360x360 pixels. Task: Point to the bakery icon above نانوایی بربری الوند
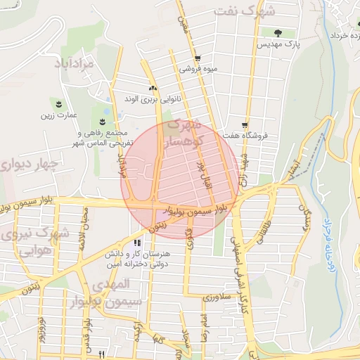point(153,88)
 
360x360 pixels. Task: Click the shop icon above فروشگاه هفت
point(244,124)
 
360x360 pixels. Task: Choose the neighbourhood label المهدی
point(110,284)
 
